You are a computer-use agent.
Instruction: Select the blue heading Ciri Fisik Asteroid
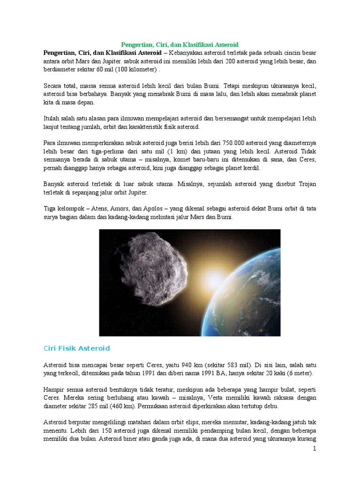coord(76,348)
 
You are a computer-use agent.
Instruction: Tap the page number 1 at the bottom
coord(315,449)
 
